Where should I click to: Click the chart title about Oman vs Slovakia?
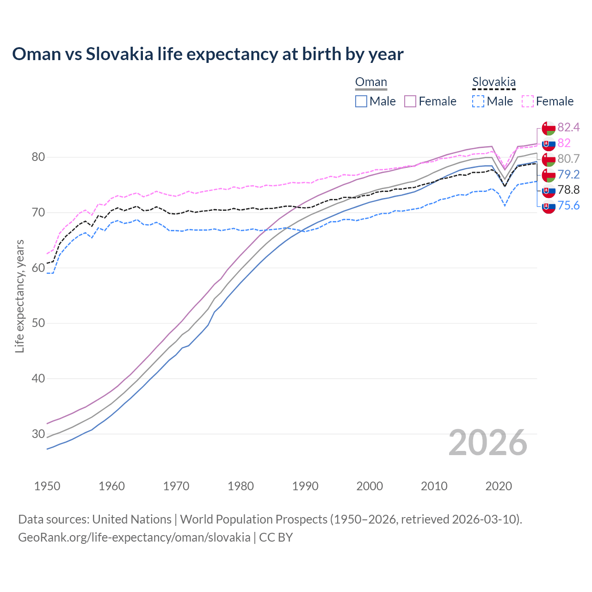pos(208,54)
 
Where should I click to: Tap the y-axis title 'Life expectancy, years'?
pos(19,296)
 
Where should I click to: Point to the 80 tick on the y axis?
pos(38,157)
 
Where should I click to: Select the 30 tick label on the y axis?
pos(38,434)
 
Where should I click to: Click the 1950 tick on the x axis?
pos(47,486)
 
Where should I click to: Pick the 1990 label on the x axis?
pos(305,486)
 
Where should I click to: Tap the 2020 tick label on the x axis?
pos(499,486)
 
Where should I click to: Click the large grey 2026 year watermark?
pos(487,443)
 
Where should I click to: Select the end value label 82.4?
pos(568,127)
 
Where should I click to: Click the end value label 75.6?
pos(568,206)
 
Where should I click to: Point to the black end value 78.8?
pos(568,190)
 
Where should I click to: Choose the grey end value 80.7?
pos(568,159)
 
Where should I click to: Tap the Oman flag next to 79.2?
pos(549,175)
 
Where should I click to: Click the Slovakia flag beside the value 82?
pos(549,143)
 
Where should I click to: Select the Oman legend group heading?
pos(371,82)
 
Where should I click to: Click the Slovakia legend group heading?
pos(493,82)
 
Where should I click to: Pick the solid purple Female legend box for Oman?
pos(410,101)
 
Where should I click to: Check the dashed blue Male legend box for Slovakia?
pos(478,101)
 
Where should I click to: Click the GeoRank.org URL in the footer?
pos(134,537)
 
